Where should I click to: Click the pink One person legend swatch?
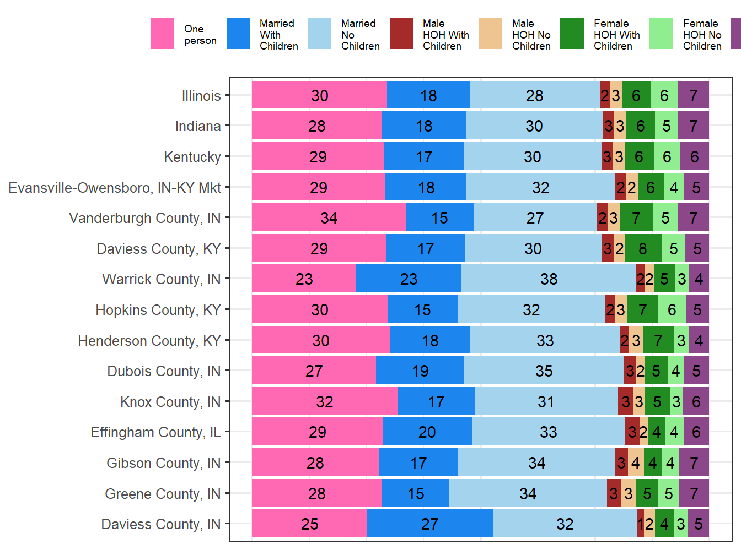[163, 34]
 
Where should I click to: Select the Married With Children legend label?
[278, 35]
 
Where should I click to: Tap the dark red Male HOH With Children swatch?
[401, 34]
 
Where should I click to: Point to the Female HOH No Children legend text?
[702, 35]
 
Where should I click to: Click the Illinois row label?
[201, 96]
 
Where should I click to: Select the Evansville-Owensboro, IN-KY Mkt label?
[115, 188]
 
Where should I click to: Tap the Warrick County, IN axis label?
[162, 279]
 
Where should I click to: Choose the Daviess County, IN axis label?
[161, 524]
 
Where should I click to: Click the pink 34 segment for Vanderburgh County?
[329, 218]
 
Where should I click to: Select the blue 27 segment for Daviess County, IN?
[429, 524]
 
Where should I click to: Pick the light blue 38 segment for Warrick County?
[549, 279]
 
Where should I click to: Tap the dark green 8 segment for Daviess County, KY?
[642, 249]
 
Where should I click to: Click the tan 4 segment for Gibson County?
[636, 463]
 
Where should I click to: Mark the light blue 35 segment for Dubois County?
[544, 371]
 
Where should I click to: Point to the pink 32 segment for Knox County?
[325, 402]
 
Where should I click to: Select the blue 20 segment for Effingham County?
[427, 432]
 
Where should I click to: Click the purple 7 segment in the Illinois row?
[693, 96]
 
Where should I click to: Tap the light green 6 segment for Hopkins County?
[672, 310]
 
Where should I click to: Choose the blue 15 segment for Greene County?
[415, 494]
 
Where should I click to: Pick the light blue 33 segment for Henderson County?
[545, 341]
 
